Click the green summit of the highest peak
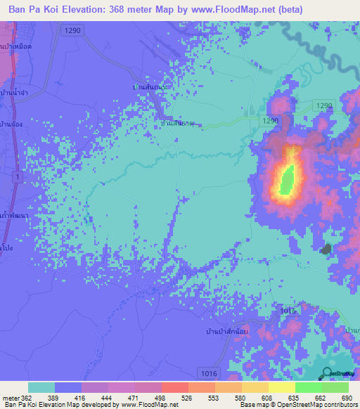pyautogui.click(x=286, y=181)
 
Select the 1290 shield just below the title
pyautogui.click(x=70, y=30)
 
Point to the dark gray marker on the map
pyautogui.click(x=326, y=249)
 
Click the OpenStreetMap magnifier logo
pyautogui.click(x=328, y=372)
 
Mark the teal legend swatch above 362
pyautogui.click(x=41, y=387)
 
